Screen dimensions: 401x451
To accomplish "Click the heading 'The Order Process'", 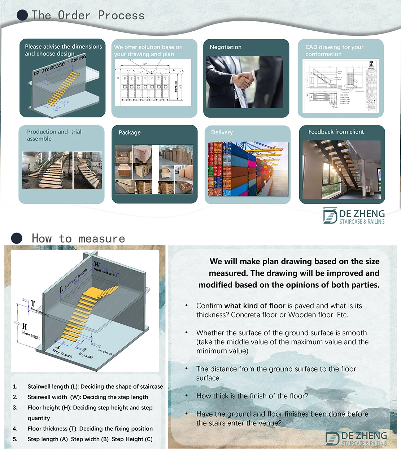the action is click(88, 15).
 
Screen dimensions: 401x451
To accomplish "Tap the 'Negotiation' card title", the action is click(226, 47).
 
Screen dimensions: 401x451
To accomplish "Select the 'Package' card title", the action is click(130, 132).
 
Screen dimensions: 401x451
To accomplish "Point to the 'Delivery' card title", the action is click(222, 132).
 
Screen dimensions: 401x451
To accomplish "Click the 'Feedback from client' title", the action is click(336, 132).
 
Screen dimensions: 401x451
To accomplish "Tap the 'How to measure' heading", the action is click(78, 238).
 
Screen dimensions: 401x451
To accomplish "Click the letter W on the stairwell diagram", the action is click(97, 264).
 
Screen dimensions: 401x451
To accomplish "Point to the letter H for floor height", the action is click(25, 327).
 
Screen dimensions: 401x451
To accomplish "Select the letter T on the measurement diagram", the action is click(33, 303).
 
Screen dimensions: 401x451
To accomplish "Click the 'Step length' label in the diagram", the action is click(62, 353).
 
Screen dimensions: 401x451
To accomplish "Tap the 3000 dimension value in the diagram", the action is click(17, 323).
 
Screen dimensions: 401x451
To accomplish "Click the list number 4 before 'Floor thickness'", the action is click(15, 429).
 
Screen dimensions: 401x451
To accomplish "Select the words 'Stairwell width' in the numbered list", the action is click(47, 397).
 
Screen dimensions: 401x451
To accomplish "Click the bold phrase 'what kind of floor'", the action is click(255, 306).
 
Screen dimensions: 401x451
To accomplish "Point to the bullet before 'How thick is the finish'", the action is click(187, 396).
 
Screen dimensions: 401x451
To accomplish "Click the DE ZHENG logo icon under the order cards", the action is click(330, 215).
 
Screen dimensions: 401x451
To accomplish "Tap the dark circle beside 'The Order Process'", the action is click(22, 15).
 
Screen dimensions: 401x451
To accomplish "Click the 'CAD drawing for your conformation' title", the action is click(334, 51).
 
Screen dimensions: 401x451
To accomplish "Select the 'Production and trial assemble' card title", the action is click(54, 135).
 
